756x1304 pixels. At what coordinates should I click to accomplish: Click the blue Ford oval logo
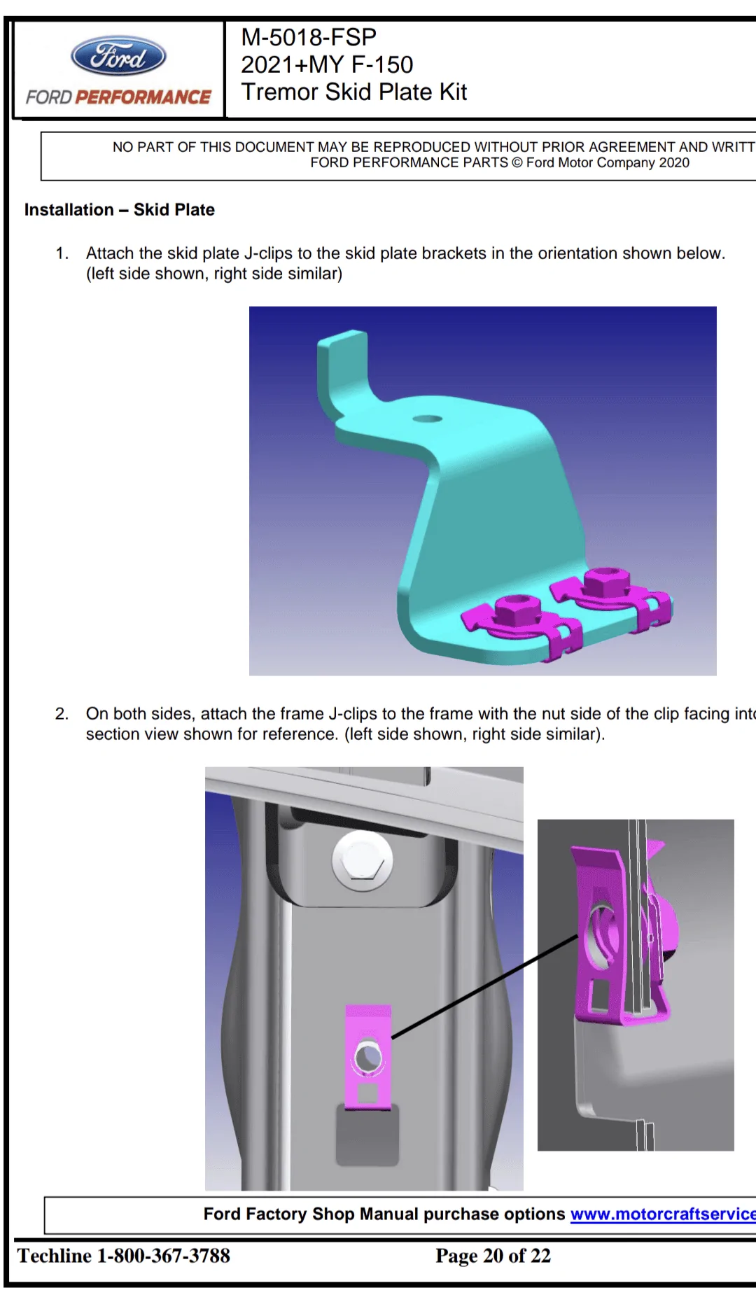118,56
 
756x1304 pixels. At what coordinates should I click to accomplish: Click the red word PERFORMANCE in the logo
143,97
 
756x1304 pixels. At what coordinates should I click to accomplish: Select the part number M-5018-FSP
308,37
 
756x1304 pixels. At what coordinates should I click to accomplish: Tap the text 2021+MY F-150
326,64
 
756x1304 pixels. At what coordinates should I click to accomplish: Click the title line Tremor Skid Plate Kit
353,92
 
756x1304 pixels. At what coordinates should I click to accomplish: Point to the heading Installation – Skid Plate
119,210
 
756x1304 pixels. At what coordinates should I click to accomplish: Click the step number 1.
62,253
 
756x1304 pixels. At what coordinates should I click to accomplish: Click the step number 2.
62,714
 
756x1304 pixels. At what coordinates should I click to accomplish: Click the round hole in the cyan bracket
427,419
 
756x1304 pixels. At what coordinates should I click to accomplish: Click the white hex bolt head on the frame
362,861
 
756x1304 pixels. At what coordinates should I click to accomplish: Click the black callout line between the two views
483,987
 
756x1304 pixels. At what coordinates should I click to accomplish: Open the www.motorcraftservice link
662,1214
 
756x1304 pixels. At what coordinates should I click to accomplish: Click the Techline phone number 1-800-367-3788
163,1256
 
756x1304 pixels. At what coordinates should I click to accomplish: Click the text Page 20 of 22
493,1256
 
